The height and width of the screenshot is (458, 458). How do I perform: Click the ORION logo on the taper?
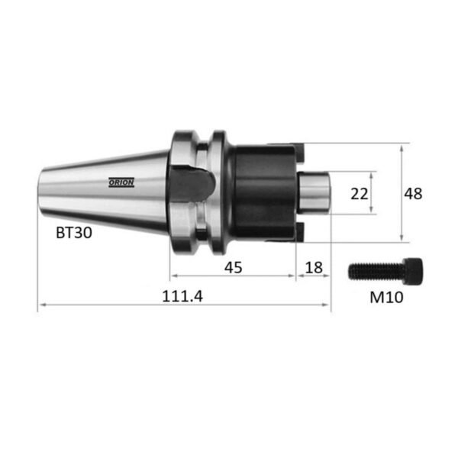121,182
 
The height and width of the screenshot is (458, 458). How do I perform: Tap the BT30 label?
74,233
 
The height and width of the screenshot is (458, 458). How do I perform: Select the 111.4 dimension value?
182,296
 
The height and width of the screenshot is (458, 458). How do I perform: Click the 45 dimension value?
233,267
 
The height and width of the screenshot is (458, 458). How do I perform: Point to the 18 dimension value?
314,267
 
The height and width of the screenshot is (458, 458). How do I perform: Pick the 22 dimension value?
360,194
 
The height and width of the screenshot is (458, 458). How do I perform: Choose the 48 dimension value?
413,194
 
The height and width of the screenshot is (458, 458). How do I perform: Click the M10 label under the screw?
386,298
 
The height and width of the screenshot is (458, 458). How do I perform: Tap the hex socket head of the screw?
412,271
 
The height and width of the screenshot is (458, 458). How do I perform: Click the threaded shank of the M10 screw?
376,271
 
